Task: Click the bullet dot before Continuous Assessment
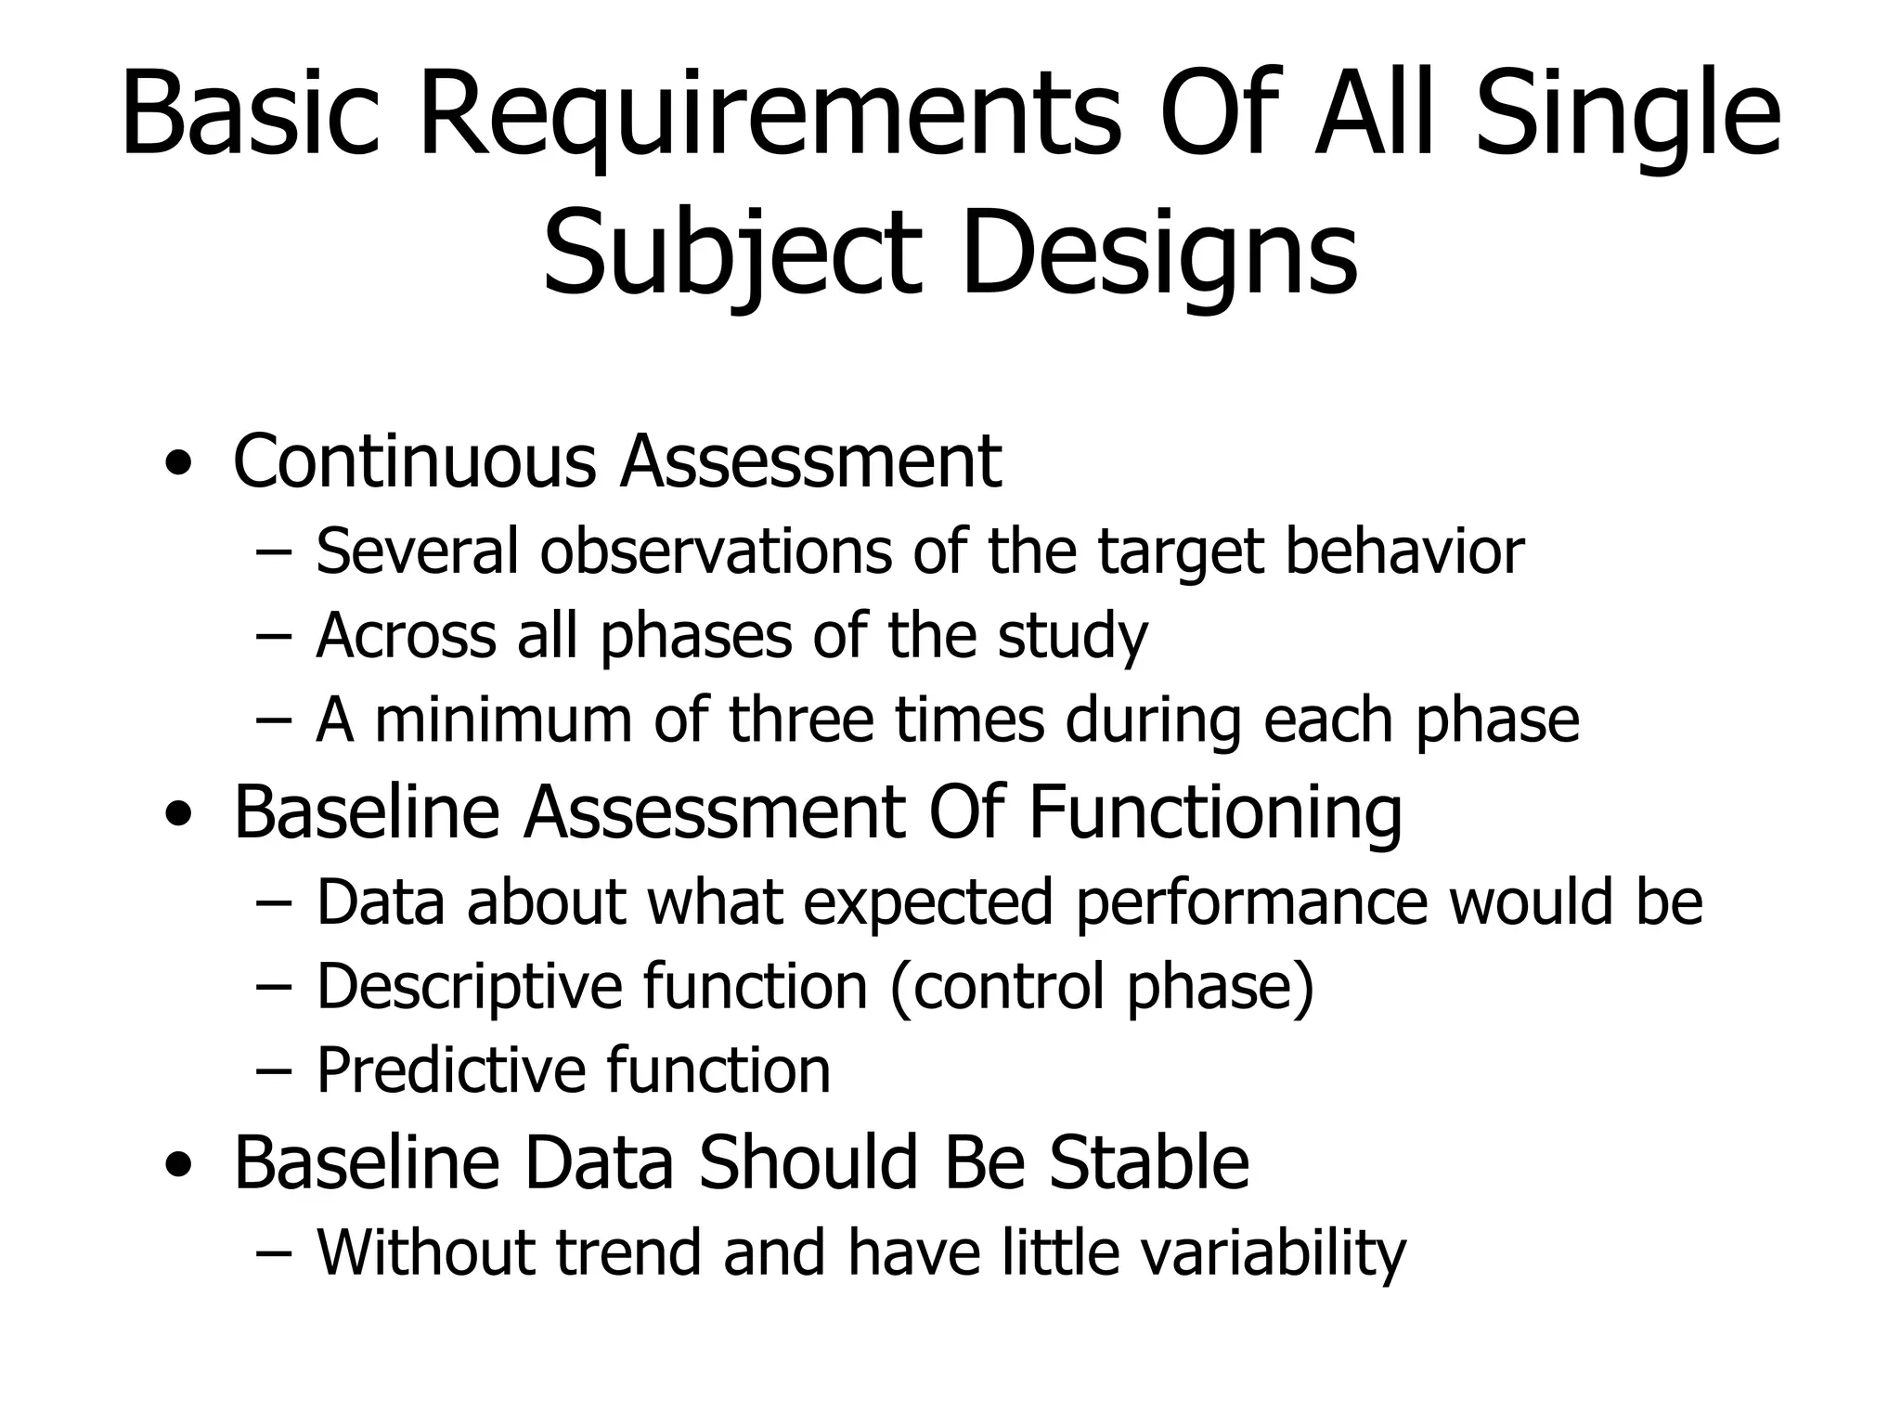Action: (x=177, y=462)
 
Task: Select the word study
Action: (x=1073, y=637)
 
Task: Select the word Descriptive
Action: (x=469, y=986)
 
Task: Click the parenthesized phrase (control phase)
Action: (x=1102, y=986)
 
